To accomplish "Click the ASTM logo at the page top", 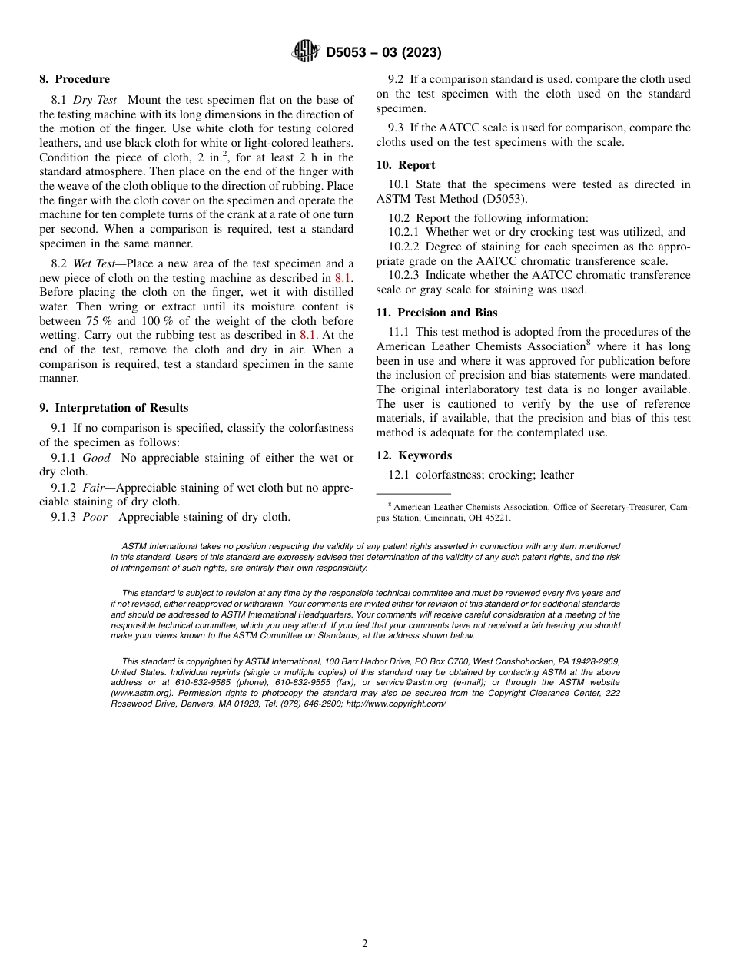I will (305, 51).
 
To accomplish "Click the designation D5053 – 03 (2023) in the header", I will (383, 52).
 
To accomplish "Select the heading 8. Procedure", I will (75, 79).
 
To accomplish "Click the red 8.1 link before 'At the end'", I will (307, 336).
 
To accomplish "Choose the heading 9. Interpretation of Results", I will (114, 408).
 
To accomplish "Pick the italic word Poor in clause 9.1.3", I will (95, 517).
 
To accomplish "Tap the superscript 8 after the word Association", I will (588, 343).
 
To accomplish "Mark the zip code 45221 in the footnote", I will (496, 518).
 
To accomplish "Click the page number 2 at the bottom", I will (365, 944).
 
